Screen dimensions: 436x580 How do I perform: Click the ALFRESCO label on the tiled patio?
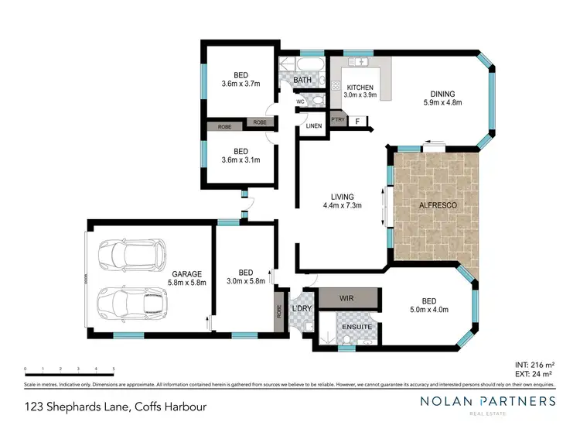(x=437, y=205)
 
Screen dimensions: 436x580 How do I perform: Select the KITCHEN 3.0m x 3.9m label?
(x=360, y=91)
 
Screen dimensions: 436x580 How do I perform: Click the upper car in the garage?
(x=131, y=252)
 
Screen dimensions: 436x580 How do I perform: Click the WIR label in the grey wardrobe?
(x=347, y=297)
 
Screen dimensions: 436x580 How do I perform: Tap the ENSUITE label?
(x=357, y=328)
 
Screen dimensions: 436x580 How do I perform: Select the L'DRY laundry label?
(x=301, y=310)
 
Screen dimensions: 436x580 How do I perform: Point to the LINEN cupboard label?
(x=314, y=126)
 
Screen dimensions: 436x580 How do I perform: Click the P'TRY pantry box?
(x=338, y=120)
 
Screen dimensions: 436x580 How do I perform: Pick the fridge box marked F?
(x=357, y=121)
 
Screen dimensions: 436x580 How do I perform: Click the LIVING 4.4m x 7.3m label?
(x=343, y=201)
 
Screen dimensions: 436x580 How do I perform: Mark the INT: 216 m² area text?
(x=534, y=364)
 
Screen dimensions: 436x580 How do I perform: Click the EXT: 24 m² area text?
(x=536, y=374)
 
